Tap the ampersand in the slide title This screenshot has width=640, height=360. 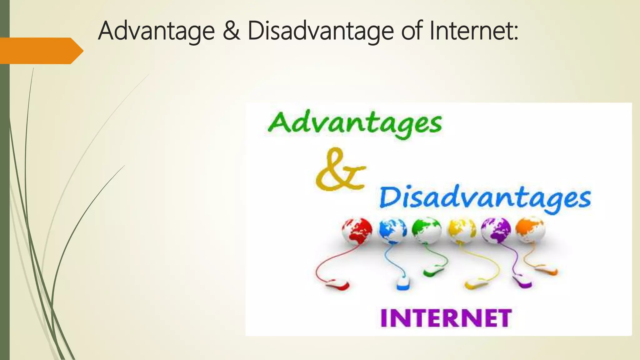(231, 31)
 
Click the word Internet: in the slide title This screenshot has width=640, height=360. (474, 31)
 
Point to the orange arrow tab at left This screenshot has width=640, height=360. (41, 51)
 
